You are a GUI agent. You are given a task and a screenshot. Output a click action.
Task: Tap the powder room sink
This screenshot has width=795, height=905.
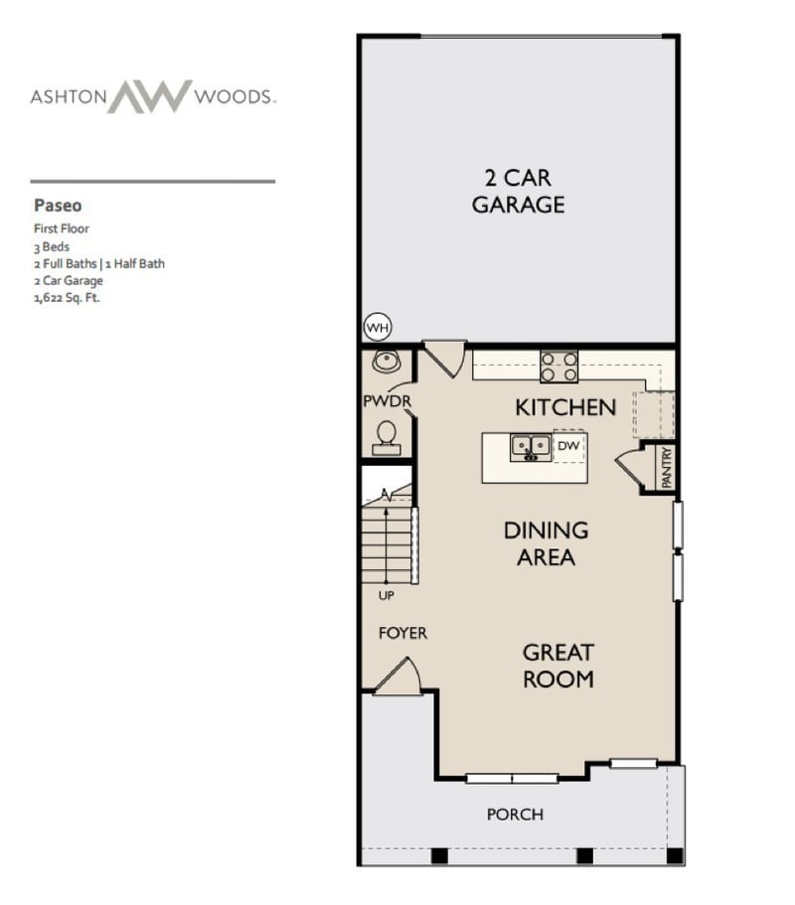click(386, 363)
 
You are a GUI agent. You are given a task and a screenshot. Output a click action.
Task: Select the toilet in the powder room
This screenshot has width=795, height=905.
click(386, 433)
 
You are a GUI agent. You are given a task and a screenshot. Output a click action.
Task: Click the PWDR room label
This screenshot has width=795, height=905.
click(387, 400)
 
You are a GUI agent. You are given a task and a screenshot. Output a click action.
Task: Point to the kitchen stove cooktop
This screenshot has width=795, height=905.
click(558, 367)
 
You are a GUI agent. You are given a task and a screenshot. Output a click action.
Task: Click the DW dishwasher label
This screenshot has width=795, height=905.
click(568, 446)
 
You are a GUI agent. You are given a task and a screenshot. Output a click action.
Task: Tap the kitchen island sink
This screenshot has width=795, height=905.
click(531, 448)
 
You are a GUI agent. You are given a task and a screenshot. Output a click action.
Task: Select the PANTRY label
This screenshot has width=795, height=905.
click(666, 466)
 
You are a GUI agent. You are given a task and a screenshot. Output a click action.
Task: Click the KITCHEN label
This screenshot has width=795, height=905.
click(564, 407)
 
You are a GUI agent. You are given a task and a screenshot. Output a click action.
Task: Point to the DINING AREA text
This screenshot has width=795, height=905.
click(546, 543)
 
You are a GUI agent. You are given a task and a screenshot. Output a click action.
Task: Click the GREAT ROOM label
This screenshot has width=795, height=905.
click(558, 666)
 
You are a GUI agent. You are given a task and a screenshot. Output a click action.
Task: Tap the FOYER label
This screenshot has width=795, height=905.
click(402, 633)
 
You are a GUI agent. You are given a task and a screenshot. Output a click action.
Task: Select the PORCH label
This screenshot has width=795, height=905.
click(515, 815)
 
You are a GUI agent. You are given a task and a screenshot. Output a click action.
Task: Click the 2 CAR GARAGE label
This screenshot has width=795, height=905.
click(518, 192)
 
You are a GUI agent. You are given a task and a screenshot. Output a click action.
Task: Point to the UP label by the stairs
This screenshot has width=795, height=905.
click(386, 596)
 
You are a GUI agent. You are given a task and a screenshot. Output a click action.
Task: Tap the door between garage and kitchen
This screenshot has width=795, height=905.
click(444, 358)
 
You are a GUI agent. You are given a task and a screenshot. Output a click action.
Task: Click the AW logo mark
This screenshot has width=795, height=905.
click(149, 97)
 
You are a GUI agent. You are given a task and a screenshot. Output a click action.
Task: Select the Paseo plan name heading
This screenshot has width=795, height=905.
click(58, 207)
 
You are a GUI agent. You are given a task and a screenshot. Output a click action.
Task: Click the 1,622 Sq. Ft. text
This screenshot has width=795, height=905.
click(67, 296)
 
